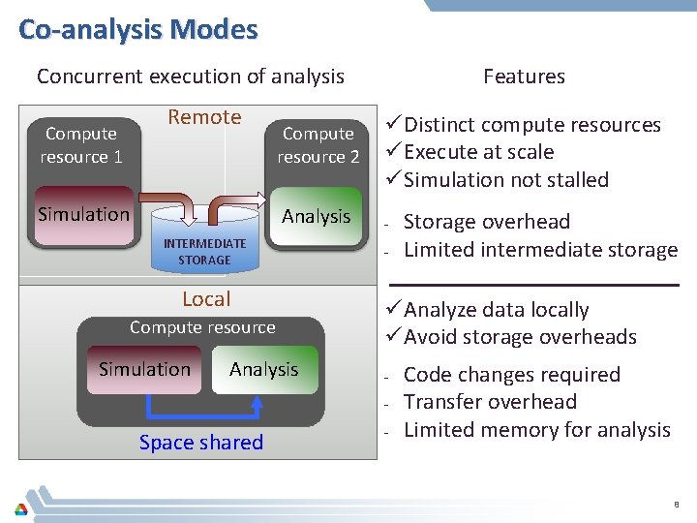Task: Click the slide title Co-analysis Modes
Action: (137, 29)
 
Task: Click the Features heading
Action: (524, 77)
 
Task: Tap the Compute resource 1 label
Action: (81, 145)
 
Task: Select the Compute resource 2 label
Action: (318, 145)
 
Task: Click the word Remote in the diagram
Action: (204, 117)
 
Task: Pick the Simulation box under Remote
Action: (83, 214)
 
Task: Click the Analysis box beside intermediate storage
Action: (316, 216)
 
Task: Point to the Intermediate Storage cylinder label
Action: (204, 252)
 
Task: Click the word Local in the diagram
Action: (206, 299)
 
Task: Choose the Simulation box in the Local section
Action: (144, 369)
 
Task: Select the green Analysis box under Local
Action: (263, 369)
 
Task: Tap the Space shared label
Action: (201, 443)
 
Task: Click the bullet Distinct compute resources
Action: (531, 125)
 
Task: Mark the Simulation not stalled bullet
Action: (505, 180)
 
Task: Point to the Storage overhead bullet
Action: (486, 222)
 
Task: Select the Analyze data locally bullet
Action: (496, 310)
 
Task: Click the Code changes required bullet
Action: (511, 375)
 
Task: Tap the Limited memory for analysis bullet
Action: (536, 430)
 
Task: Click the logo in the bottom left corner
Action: (20, 508)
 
